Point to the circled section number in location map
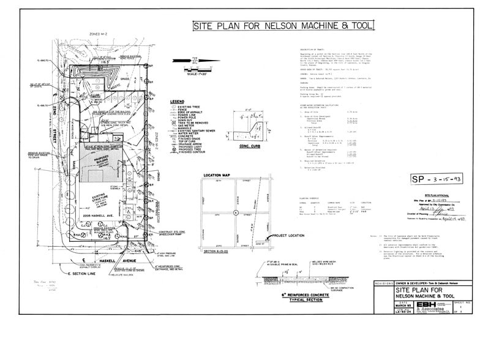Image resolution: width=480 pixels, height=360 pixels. click(x=236, y=212)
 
